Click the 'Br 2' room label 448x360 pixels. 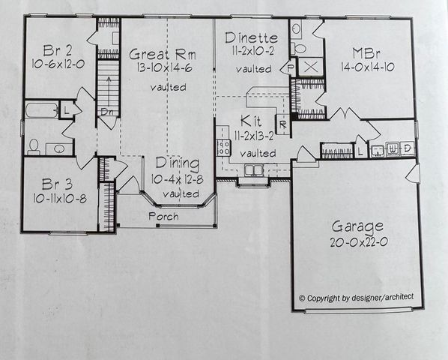click(57, 51)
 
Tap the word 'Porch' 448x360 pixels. click(162, 216)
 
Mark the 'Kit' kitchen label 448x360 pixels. click(250, 121)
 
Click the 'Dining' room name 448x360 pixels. click(178, 163)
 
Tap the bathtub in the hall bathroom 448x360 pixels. click(40, 112)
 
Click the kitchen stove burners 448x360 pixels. click(223, 146)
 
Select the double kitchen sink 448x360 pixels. click(255, 170)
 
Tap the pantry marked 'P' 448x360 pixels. click(291, 67)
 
